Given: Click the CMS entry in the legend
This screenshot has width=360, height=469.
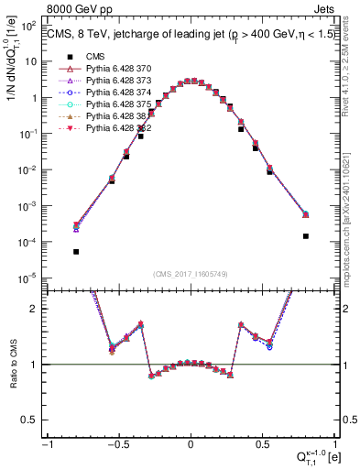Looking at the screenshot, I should point(94,57).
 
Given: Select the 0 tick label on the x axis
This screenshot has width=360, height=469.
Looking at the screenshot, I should point(191,444).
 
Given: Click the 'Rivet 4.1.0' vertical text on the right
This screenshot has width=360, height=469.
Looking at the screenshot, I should point(352,69).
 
